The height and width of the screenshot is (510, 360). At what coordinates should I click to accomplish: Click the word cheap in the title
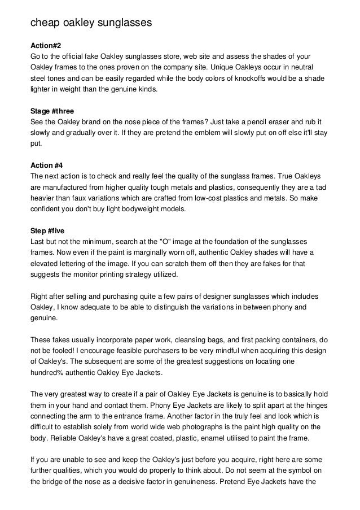[x=45, y=23]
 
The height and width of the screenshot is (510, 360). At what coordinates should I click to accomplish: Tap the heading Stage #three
[x=51, y=111]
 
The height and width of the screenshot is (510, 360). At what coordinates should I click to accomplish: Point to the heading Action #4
[x=46, y=165]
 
